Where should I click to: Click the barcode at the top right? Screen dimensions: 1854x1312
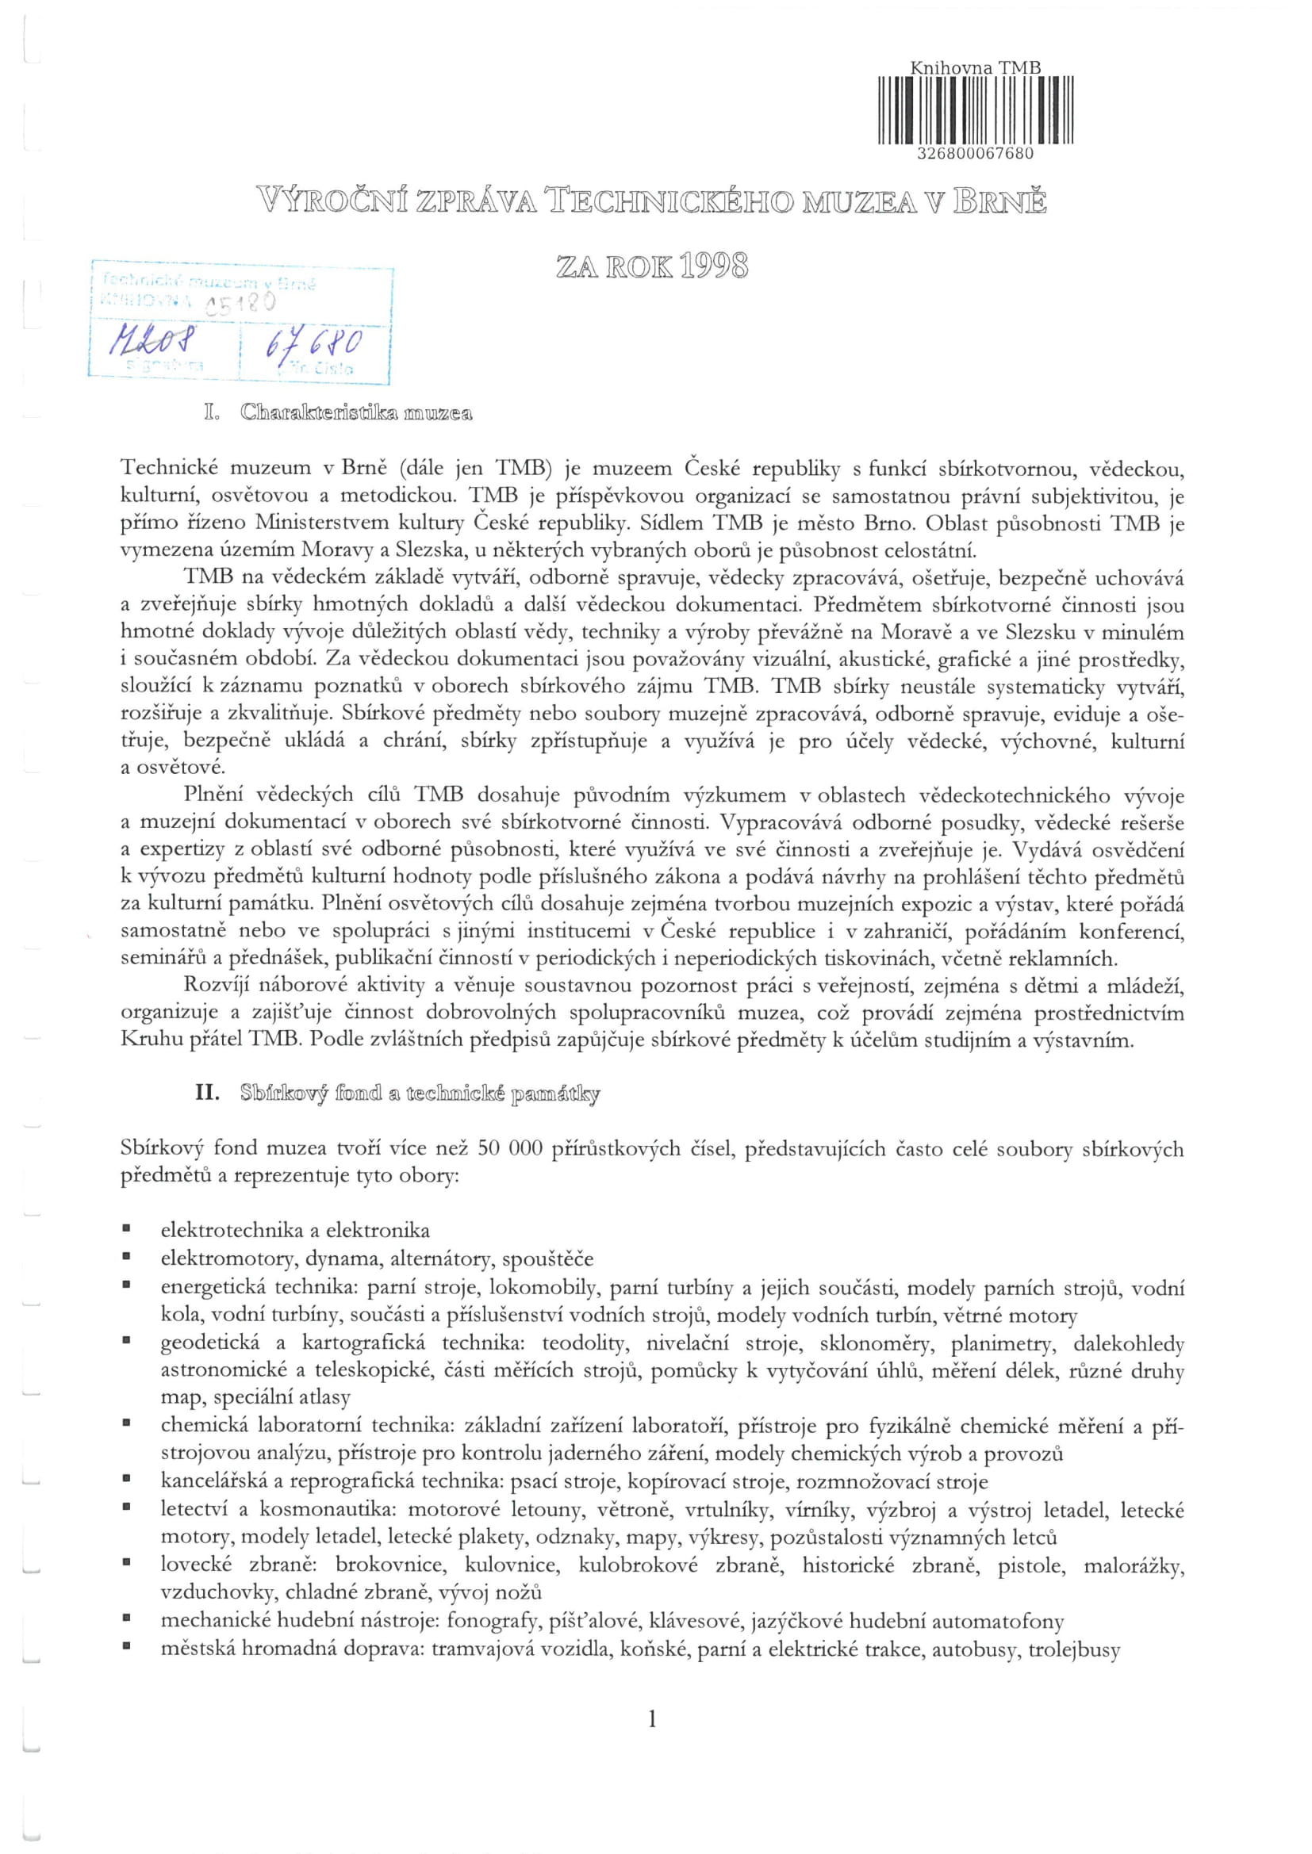tap(975, 109)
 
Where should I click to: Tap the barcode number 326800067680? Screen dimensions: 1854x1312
tap(976, 154)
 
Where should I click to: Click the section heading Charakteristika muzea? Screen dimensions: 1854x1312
tap(355, 414)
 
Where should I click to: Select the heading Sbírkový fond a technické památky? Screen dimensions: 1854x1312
tap(420, 1094)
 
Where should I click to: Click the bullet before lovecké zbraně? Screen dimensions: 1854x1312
tap(127, 1565)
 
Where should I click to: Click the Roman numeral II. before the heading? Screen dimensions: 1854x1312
tap(208, 1094)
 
